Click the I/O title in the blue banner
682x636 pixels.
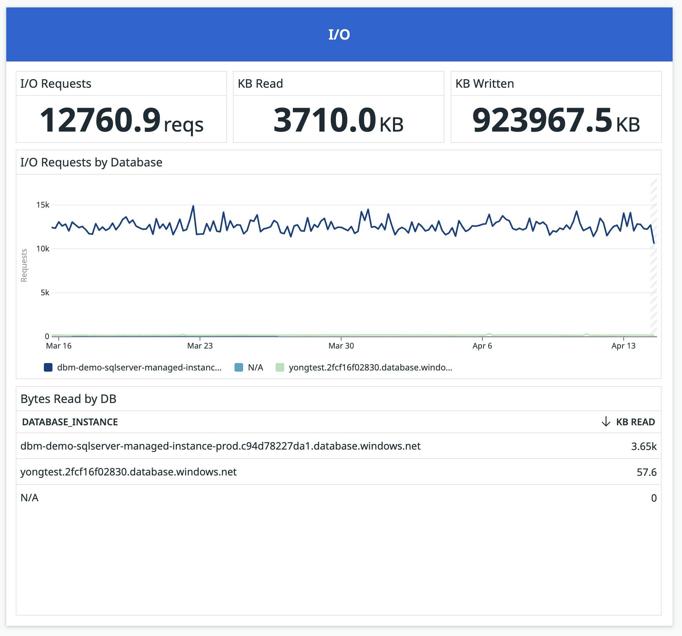(339, 34)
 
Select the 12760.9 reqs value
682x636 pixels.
(121, 120)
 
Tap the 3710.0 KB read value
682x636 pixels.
(338, 120)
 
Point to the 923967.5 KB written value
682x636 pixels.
(556, 120)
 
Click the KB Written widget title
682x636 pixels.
(485, 84)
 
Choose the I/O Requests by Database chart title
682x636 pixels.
(91, 163)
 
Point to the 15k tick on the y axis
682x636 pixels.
(43, 205)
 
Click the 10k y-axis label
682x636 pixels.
(43, 249)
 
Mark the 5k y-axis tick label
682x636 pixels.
(45, 293)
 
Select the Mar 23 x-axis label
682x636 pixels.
(200, 346)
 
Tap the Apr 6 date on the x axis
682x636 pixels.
(482, 346)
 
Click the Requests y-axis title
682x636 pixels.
(24, 265)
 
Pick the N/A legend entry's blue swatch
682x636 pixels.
(239, 367)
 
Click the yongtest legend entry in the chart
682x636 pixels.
(370, 367)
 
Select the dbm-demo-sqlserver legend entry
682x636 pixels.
(139, 367)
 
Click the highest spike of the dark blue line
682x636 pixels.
(193, 206)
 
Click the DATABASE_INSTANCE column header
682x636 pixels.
(70, 422)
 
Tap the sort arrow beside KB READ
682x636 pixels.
(606, 422)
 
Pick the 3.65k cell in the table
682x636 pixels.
(643, 446)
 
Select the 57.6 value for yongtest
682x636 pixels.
(646, 472)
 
